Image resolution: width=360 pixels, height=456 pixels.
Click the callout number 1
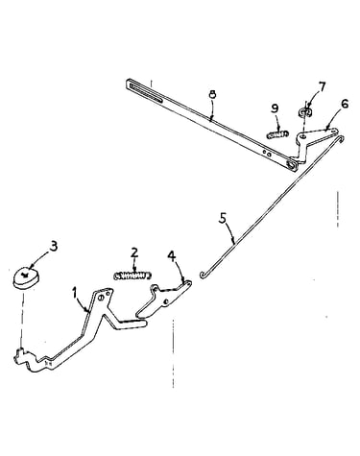click(74, 293)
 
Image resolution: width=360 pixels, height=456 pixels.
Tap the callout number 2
click(134, 252)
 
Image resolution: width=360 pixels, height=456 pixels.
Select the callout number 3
click(53, 247)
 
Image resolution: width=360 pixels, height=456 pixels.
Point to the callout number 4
click(172, 256)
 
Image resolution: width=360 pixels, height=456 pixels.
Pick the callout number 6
click(345, 104)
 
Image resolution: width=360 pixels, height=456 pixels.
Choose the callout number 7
click(322, 86)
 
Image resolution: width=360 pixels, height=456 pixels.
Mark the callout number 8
click(212, 94)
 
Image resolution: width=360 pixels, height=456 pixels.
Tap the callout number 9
click(275, 108)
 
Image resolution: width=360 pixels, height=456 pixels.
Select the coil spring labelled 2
click(132, 276)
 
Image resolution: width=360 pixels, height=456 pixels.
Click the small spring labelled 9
click(277, 134)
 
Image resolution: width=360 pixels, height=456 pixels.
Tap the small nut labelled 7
click(306, 112)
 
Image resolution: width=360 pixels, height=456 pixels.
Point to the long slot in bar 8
click(146, 93)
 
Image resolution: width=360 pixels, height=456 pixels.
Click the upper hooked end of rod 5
click(340, 138)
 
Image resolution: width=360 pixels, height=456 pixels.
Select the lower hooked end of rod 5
click(203, 275)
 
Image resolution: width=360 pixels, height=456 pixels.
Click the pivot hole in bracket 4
click(165, 302)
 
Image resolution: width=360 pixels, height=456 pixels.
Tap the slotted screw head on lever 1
click(101, 298)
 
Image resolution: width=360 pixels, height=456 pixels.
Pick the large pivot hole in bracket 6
click(302, 136)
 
